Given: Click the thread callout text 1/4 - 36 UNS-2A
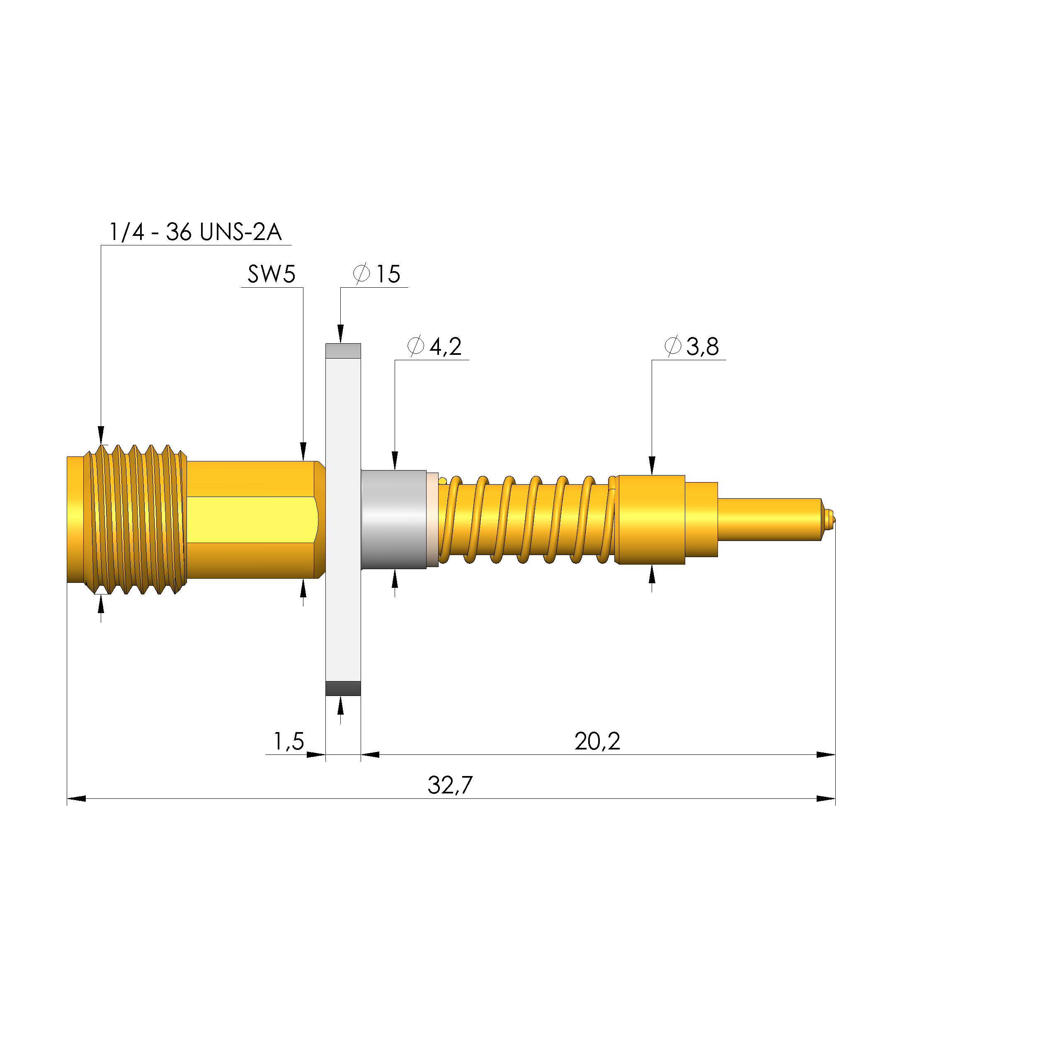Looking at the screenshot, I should pos(195,232).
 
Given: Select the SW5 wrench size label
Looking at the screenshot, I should pos(272,274).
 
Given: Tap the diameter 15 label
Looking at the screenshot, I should pos(377,274).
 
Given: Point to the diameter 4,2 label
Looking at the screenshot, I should pos(435,347).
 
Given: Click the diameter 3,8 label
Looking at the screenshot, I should pos(692,347).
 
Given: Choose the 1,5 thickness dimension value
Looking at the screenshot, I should pos(289,742).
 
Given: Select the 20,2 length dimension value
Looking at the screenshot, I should pos(597,742).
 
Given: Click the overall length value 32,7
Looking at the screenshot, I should pos(450,786).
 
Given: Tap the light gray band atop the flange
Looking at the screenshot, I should pos(343,351).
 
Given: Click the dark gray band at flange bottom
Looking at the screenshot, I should pos(343,688).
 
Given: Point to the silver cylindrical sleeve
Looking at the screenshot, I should pos(393,519).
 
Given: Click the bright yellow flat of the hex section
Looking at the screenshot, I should pos(250,519).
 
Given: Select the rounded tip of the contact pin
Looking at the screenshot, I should pos(831,519).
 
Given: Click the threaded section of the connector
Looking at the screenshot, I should pos(134,519).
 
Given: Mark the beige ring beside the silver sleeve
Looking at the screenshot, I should pos(432,519).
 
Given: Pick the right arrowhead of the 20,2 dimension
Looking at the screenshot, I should pos(826,755).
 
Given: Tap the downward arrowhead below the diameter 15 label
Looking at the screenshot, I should pos(340,334).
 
